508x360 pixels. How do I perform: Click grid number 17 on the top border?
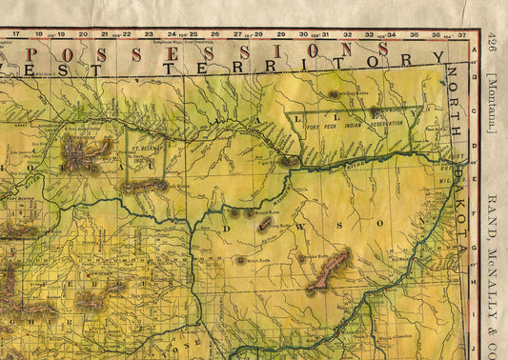16,33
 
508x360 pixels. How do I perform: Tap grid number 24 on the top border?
172,34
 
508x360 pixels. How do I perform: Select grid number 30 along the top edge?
303,34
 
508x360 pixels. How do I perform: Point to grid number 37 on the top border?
461,34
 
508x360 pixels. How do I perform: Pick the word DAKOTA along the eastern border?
460,213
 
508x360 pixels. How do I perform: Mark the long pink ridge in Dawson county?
328,270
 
